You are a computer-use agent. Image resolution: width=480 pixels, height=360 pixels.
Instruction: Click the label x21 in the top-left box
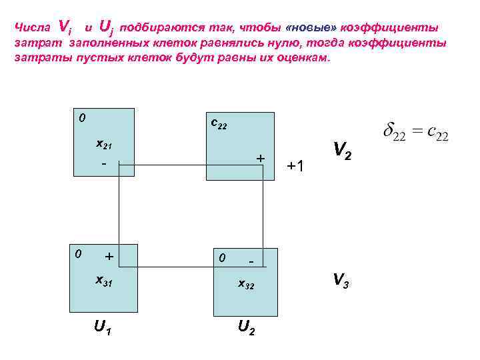pyautogui.click(x=104, y=144)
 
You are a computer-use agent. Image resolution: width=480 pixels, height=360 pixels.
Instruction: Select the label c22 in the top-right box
pyautogui.click(x=219, y=124)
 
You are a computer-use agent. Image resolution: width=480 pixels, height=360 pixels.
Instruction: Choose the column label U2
pyautogui.click(x=245, y=328)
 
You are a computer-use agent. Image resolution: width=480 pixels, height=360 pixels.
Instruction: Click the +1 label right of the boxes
pyautogui.click(x=296, y=165)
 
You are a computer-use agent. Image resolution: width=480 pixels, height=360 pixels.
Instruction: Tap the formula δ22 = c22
pyautogui.click(x=415, y=133)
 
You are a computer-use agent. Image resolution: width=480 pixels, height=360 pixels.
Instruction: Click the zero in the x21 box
pyautogui.click(x=81, y=119)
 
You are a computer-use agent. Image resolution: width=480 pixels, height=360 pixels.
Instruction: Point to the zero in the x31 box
pyautogui.click(x=78, y=254)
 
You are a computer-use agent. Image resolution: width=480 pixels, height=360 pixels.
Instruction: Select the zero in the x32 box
pyautogui.click(x=223, y=257)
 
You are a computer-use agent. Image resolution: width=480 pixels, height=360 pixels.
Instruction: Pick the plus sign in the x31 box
pyautogui.click(x=109, y=256)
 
